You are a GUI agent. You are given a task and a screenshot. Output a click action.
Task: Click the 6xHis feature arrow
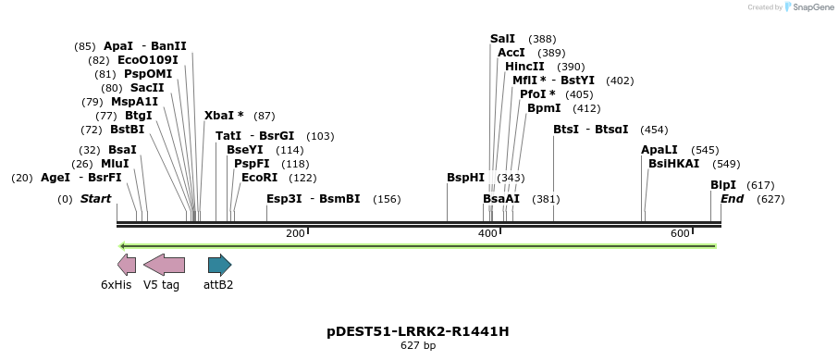(127, 265)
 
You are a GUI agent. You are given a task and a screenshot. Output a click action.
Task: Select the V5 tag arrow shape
(165, 265)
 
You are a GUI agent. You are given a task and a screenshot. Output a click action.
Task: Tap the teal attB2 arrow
(219, 265)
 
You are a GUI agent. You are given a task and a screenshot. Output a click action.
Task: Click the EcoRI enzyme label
(259, 178)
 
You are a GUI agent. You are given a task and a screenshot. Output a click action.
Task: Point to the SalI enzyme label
(502, 39)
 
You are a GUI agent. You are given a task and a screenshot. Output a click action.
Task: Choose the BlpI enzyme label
(723, 185)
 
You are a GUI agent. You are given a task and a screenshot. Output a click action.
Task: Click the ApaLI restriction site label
(659, 150)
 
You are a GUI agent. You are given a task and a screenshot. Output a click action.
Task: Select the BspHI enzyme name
(465, 178)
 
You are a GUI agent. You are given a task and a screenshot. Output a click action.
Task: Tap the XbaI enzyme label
(224, 116)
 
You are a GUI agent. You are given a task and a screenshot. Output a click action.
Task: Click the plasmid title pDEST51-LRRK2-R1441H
(418, 331)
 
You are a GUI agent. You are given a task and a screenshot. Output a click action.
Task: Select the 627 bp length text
(418, 346)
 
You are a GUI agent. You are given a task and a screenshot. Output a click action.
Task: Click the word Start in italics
(95, 199)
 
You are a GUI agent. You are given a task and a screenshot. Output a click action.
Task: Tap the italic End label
(732, 199)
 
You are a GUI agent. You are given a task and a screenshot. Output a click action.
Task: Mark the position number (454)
(654, 130)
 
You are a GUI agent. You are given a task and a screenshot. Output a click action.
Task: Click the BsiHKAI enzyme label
(674, 164)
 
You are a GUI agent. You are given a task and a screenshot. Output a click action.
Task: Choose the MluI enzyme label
(115, 164)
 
